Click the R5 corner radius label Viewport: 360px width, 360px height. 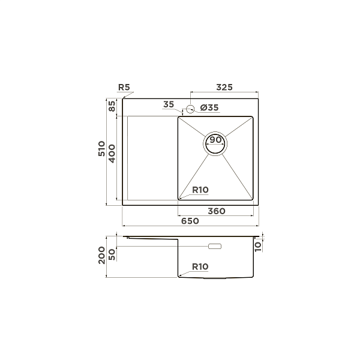point(125,88)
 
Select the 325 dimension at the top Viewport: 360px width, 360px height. point(224,88)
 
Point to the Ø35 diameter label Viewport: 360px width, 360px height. point(209,108)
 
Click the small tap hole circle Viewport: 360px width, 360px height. point(190,109)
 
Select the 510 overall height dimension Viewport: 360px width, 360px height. point(102,149)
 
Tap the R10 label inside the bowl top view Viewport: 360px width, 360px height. point(200,190)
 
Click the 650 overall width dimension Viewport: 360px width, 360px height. point(190,221)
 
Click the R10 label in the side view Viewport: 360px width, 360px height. point(200,266)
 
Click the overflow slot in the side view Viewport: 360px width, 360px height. point(214,246)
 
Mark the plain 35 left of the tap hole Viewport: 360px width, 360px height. point(169,105)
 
